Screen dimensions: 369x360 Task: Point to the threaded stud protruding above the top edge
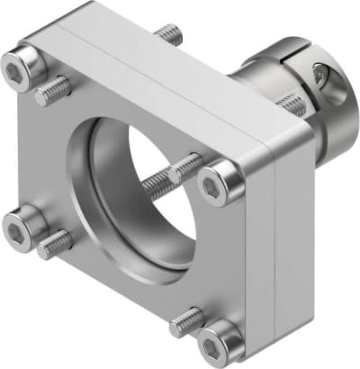point(169,35)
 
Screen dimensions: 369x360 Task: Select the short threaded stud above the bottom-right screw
point(186,317)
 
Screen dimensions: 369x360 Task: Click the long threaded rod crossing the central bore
point(171,176)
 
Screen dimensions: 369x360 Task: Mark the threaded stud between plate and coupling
point(290,104)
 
